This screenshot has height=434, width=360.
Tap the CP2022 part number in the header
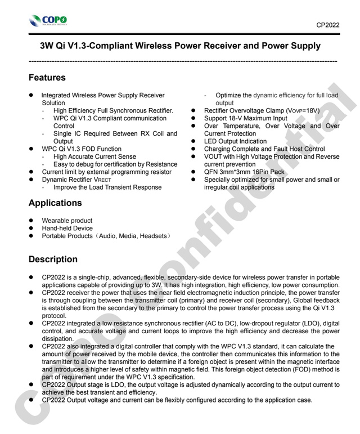327,25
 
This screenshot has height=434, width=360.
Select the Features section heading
47,78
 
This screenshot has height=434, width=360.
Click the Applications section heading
55,203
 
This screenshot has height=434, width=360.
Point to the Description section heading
53,259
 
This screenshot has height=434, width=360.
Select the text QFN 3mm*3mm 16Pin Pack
245,172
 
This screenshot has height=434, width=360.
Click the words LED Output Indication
236,141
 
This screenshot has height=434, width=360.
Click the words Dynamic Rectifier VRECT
76,180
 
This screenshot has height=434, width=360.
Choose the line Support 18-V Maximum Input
246,119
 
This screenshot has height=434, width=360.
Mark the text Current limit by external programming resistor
107,172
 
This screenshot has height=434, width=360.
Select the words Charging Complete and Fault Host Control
264,149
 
